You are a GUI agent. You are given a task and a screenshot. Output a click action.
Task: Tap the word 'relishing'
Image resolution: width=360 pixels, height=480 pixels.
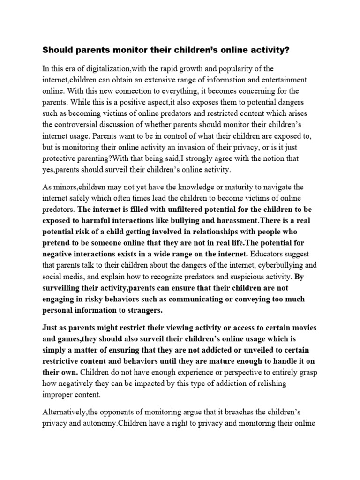tap(270, 383)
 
